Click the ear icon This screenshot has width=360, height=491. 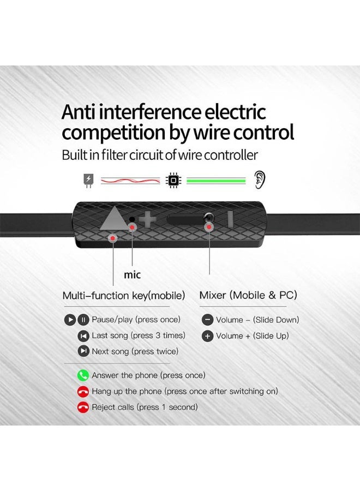(260, 179)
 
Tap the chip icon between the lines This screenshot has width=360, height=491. (173, 180)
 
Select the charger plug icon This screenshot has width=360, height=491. (88, 181)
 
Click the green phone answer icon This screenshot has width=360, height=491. (83, 375)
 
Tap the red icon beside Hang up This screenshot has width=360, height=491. (83, 391)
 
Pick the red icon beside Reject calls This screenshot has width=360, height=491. (83, 407)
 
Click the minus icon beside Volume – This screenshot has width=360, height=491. (207, 320)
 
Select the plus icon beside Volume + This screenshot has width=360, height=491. (207, 336)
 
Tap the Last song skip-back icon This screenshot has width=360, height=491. (83, 336)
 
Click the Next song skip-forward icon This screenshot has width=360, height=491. (83, 351)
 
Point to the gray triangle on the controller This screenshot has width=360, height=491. (113, 219)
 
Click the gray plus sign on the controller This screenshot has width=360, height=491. (147, 219)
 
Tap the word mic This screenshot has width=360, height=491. (132, 274)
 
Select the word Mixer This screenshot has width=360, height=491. (213, 295)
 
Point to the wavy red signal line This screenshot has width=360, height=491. (130, 181)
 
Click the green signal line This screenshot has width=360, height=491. (216, 181)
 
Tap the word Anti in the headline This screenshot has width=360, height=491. (77, 112)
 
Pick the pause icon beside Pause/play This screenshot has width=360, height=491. (83, 320)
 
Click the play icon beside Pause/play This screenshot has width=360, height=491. (70, 320)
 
